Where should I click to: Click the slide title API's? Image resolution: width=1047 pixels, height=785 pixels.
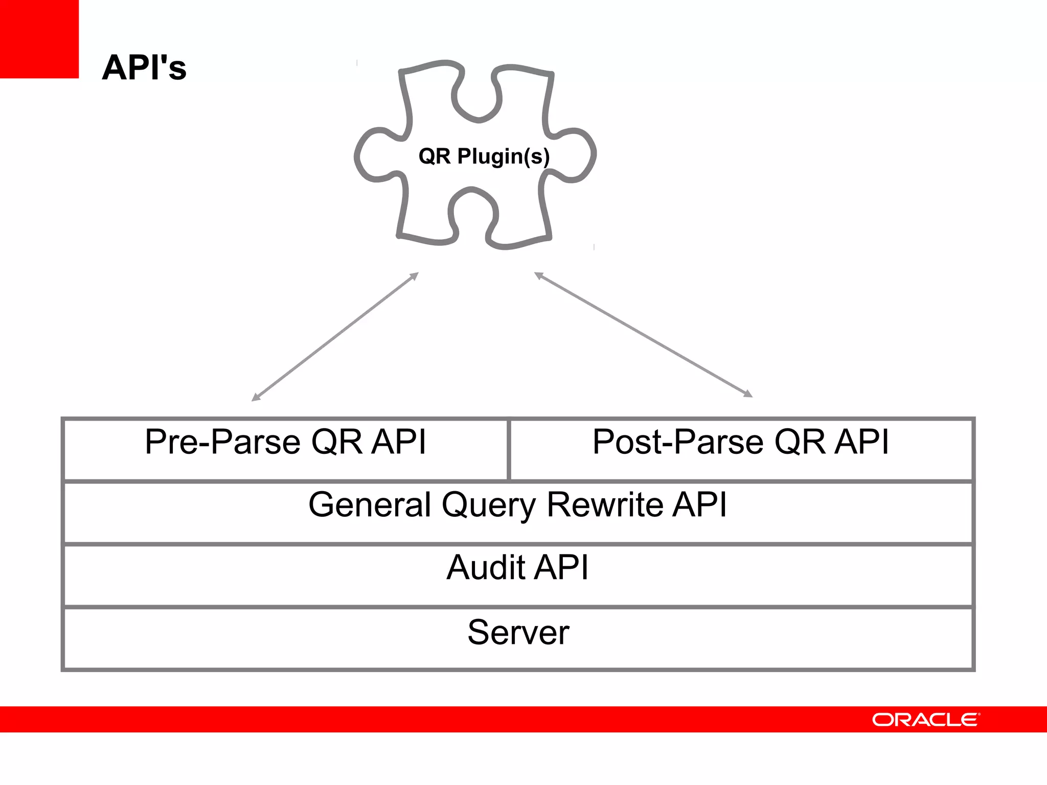click(x=144, y=67)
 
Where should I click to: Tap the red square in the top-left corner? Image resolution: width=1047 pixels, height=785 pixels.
click(x=39, y=39)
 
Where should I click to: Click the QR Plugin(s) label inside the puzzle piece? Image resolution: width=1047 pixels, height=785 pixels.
click(x=484, y=156)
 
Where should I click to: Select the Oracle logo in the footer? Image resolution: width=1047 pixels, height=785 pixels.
click(x=925, y=720)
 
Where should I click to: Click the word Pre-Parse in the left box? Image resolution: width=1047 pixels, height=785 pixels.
click(x=222, y=442)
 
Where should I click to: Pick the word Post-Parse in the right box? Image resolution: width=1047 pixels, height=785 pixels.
click(x=678, y=442)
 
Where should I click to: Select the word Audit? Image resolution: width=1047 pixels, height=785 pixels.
click(x=485, y=567)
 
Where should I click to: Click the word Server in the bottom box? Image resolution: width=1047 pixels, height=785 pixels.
click(x=518, y=632)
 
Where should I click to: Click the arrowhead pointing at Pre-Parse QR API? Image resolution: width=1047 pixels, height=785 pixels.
click(x=256, y=398)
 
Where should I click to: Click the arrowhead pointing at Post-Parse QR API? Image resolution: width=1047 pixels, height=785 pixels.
click(x=748, y=394)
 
